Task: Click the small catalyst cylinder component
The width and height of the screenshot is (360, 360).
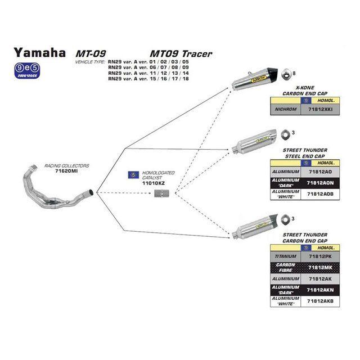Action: coord(162,194)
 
